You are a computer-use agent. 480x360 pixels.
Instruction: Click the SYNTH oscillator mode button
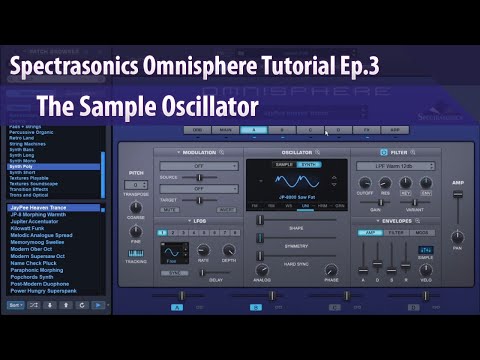click(x=311, y=163)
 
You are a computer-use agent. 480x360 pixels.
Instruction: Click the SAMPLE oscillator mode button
click(x=284, y=163)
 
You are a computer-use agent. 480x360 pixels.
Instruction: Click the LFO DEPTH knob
click(x=229, y=250)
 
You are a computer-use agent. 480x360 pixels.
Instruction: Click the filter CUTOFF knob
click(x=364, y=183)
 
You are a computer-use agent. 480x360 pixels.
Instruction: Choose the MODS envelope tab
click(x=421, y=232)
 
